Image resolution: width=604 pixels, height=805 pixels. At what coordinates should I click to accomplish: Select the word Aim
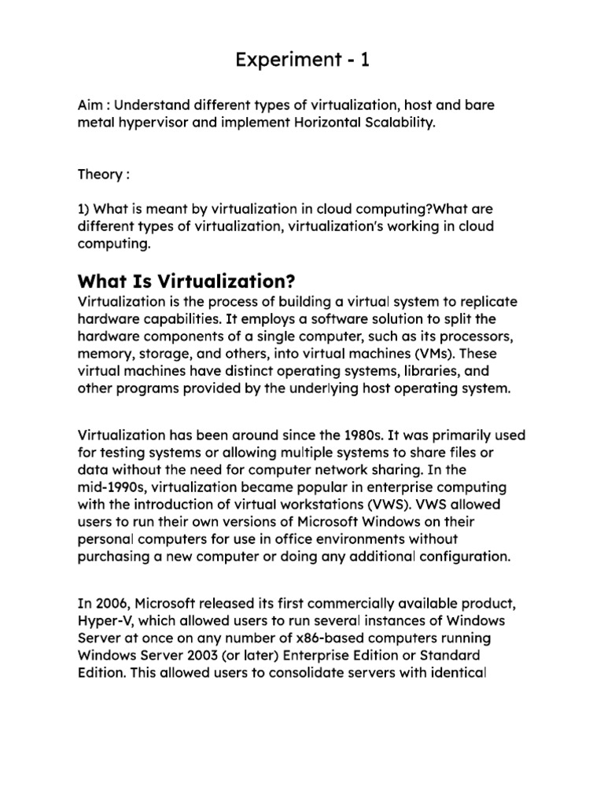[90, 105]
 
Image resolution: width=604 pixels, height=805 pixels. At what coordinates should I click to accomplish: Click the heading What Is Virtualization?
[190, 281]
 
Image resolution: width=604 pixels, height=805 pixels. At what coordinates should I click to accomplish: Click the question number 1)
[85, 210]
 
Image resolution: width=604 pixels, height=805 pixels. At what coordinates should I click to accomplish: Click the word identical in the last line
[462, 674]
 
